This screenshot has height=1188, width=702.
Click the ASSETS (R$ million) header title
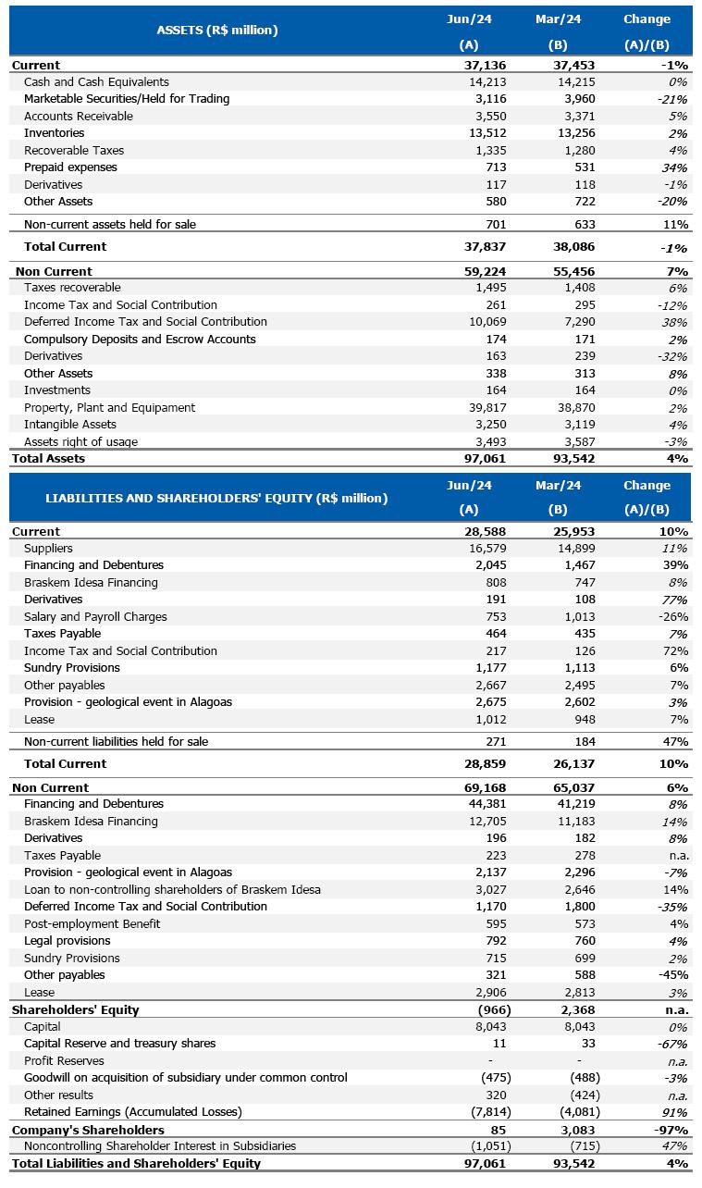pos(217,31)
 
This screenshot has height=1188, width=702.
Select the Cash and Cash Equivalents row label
pos(96,82)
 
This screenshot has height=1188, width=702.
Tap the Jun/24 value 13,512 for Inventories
pos(474,133)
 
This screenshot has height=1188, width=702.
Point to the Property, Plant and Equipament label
pos(109,408)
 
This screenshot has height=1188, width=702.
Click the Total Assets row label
pos(48,459)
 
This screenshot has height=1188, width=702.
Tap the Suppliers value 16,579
pos(474,549)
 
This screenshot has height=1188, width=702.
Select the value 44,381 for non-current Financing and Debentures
pos(474,804)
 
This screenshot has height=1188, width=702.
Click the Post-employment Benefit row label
pos(92,924)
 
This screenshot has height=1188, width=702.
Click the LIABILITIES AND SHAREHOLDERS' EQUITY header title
pos(216,498)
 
